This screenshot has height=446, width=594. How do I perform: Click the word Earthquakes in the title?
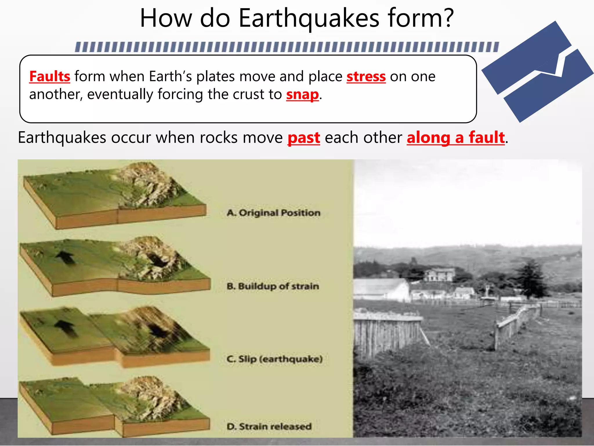(x=309, y=19)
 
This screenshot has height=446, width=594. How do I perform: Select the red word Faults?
(x=50, y=77)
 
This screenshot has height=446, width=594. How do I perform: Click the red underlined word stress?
(x=366, y=77)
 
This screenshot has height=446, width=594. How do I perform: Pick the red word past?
(x=304, y=138)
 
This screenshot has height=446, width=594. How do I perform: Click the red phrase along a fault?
(x=456, y=138)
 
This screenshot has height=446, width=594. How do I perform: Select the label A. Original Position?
(x=274, y=213)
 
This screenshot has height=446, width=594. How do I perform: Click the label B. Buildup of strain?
(x=273, y=286)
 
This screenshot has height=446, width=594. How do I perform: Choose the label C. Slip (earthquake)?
(x=274, y=359)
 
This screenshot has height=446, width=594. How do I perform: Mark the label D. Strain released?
(x=269, y=427)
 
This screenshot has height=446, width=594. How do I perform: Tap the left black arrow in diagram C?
(x=66, y=328)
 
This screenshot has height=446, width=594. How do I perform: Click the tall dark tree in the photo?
(x=530, y=279)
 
